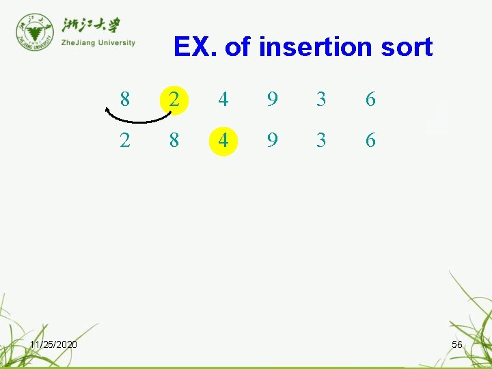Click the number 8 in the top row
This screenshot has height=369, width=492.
pyautogui.click(x=124, y=100)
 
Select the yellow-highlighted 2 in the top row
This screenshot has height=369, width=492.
pyautogui.click(x=174, y=100)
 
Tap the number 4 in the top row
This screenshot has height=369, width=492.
pyautogui.click(x=223, y=100)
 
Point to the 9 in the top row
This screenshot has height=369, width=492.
pyautogui.click(x=272, y=100)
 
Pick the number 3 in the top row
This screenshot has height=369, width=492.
pyautogui.click(x=321, y=100)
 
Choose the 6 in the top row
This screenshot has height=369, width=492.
pyautogui.click(x=370, y=100)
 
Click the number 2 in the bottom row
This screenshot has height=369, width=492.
pyautogui.click(x=124, y=141)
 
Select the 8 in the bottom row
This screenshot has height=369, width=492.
pyautogui.click(x=174, y=141)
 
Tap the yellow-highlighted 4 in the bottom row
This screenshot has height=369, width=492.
pyautogui.click(x=223, y=141)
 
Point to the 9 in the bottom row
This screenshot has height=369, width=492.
pyautogui.click(x=272, y=141)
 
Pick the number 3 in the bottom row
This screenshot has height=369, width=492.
pyautogui.click(x=321, y=141)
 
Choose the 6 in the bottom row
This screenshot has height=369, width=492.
pyautogui.click(x=370, y=141)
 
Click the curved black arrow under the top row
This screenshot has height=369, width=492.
pyautogui.click(x=139, y=119)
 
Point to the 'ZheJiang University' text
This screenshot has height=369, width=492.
pyautogui.click(x=98, y=42)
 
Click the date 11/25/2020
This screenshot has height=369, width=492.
pyautogui.click(x=53, y=344)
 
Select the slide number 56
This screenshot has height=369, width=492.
pyautogui.click(x=457, y=344)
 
